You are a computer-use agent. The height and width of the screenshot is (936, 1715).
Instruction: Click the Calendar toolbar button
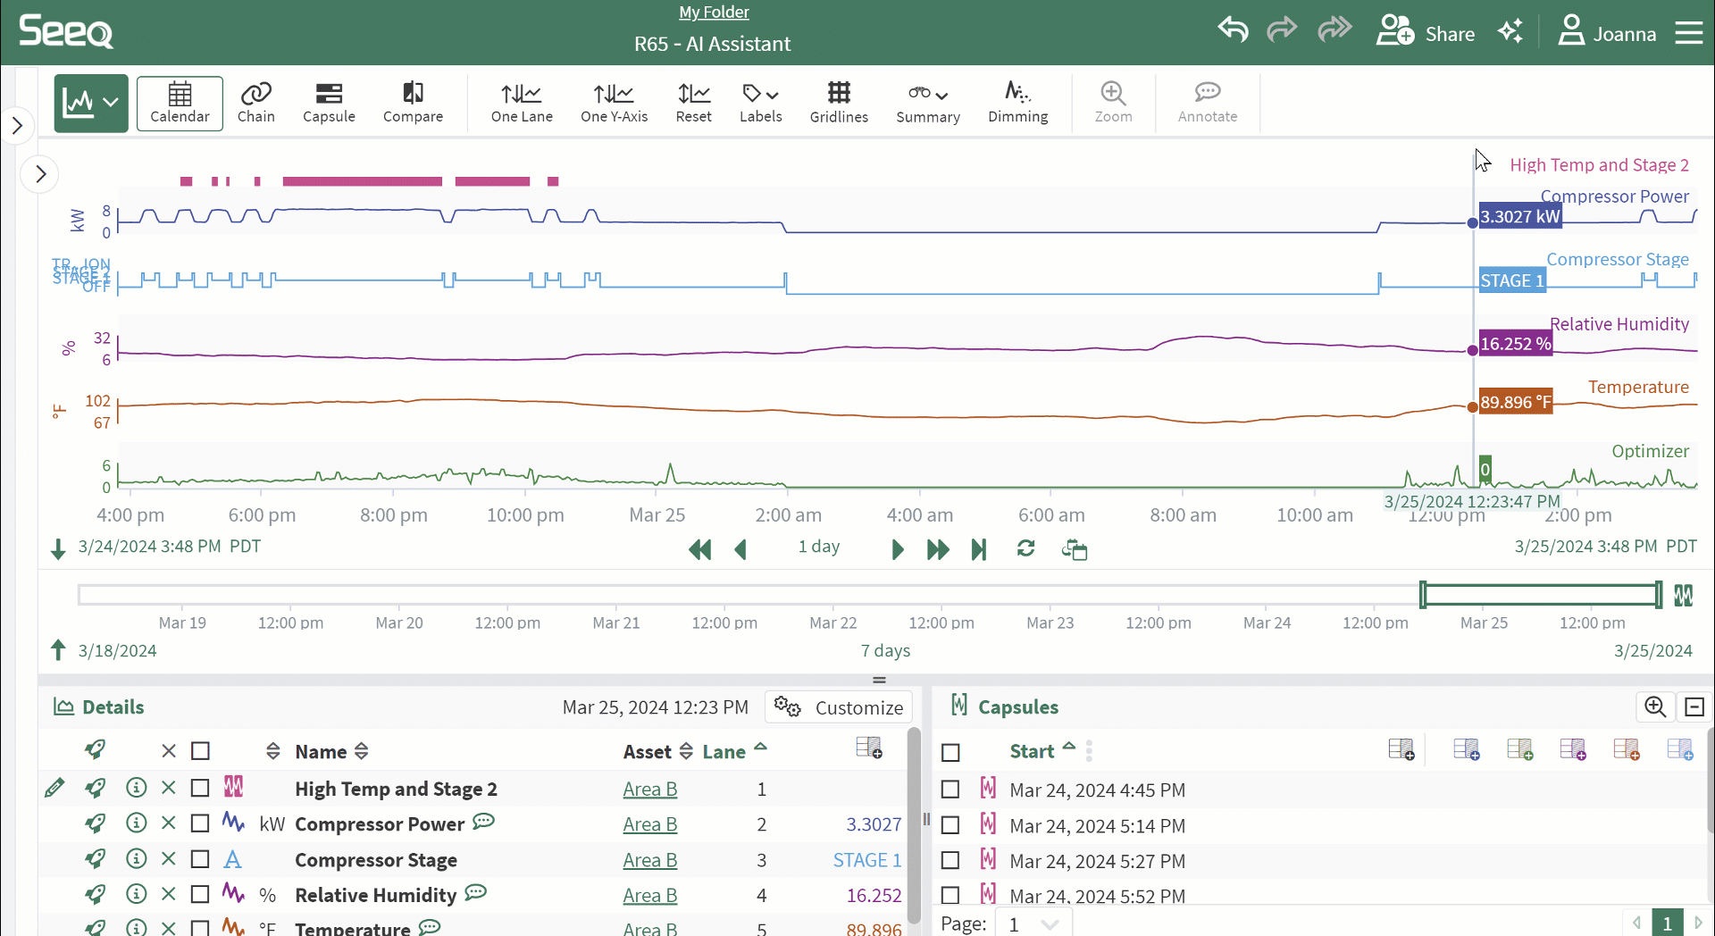tap(180, 104)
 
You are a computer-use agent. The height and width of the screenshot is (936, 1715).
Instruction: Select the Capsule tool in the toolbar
tap(329, 104)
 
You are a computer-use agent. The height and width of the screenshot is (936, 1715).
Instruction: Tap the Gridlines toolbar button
tap(839, 104)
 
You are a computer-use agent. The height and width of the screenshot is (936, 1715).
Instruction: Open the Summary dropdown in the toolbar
tap(928, 104)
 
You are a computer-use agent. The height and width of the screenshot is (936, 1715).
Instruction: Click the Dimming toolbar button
tap(1017, 104)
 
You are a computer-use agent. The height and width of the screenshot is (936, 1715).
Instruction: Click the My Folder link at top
tap(714, 13)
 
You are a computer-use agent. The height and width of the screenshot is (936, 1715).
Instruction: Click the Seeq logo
tap(66, 32)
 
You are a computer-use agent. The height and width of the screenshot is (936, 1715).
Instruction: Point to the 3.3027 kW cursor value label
tap(1519, 217)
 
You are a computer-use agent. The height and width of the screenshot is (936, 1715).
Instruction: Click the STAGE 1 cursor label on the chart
tap(1511, 280)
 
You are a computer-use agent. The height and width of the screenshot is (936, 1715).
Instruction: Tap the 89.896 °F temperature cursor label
tap(1515, 402)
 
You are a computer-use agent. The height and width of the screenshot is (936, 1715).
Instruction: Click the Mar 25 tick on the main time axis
tap(657, 515)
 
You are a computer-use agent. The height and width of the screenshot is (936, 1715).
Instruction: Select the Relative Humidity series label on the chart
tap(1619, 324)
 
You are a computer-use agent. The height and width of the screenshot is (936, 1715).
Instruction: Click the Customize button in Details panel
tap(839, 707)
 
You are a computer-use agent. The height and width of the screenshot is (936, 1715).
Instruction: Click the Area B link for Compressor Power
tap(649, 824)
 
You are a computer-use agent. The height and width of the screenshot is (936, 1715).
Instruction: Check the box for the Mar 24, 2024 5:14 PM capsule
tap(950, 825)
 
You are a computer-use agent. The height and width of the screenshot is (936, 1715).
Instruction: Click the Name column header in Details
tap(321, 752)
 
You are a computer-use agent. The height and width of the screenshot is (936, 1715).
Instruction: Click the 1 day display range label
tap(819, 547)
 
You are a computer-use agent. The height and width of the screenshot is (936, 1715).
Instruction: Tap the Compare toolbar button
tap(413, 104)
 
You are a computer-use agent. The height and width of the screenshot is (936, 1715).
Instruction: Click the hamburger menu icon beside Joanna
tap(1688, 34)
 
